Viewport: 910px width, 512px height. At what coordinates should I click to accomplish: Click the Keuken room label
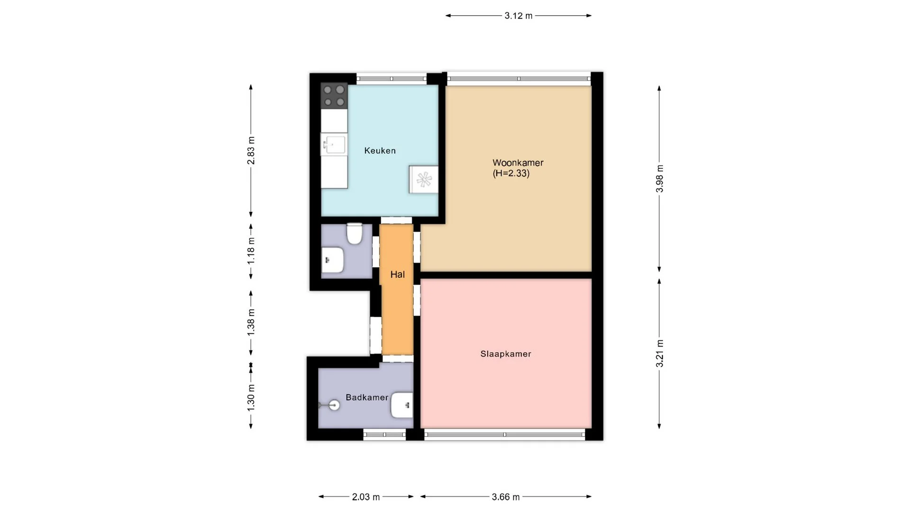point(380,151)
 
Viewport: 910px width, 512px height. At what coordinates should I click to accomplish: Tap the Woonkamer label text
point(518,163)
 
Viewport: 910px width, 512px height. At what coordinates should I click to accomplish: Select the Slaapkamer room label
point(506,354)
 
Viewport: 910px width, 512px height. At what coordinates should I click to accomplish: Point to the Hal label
point(397,274)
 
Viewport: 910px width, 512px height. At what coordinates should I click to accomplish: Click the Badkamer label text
point(367,397)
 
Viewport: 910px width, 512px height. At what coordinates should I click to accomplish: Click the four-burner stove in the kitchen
point(334,95)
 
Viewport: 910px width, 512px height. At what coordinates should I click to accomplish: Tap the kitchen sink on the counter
point(334,144)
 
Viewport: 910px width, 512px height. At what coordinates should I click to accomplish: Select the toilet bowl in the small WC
point(354,234)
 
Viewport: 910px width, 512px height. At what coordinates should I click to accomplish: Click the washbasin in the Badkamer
point(402,405)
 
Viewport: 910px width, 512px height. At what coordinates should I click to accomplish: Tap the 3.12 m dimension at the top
point(519,16)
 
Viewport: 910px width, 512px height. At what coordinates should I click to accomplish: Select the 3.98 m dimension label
point(659,179)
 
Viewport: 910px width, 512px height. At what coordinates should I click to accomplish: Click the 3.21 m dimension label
point(659,354)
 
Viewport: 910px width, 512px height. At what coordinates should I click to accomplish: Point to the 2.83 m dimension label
point(251,150)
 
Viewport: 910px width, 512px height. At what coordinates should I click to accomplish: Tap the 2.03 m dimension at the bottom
point(366,497)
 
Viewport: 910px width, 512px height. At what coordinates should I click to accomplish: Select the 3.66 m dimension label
point(506,497)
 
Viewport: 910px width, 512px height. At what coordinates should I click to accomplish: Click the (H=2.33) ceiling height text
point(511,174)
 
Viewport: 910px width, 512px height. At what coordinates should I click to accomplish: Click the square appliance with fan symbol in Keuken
point(424,180)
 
